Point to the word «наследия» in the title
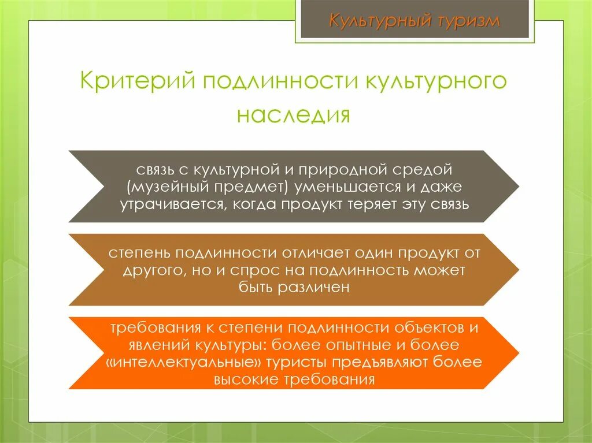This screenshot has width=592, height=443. [294, 114]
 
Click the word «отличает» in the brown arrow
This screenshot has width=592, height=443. [317, 254]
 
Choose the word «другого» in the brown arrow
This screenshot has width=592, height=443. [150, 270]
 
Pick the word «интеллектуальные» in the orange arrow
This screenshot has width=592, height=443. [184, 363]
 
